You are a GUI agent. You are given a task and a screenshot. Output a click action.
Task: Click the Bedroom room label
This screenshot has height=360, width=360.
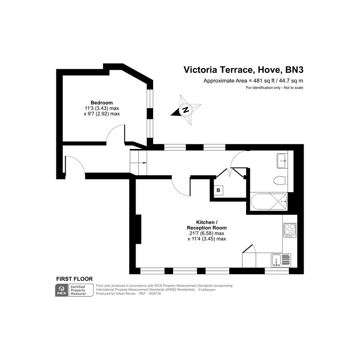click(102, 102)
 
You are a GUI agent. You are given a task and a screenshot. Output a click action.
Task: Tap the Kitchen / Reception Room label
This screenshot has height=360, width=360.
click(206, 225)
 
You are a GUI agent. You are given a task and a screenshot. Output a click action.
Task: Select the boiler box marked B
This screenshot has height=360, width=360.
click(218, 190)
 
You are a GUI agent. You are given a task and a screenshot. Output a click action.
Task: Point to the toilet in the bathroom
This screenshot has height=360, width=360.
click(280, 180)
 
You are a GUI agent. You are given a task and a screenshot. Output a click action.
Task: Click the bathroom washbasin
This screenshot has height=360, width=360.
click(282, 161)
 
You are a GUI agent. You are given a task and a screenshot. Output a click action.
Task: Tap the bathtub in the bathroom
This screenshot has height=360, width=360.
click(269, 202)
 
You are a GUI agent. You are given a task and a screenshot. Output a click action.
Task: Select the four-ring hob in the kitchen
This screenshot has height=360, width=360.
click(290, 230)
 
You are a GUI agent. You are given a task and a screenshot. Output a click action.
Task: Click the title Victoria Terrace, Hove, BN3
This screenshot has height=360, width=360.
click(243, 70)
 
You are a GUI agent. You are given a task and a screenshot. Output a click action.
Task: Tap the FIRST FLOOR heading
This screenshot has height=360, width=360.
click(74, 279)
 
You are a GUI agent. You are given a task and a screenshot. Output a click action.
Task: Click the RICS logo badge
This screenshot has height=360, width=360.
click(62, 290)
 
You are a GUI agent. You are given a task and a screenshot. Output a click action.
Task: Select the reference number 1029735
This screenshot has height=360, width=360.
click(155, 293)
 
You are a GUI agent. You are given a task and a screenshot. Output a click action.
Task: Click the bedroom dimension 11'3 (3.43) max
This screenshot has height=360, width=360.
click(102, 108)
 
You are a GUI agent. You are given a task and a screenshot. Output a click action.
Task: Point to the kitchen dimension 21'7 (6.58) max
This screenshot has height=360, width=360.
click(206, 233)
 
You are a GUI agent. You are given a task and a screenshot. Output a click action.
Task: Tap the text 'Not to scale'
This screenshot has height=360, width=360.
click(293, 88)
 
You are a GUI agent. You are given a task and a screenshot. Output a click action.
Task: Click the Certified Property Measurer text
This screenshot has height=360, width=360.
click(78, 290)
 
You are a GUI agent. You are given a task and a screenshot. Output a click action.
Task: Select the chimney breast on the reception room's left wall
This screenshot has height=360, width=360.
click(138, 229)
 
